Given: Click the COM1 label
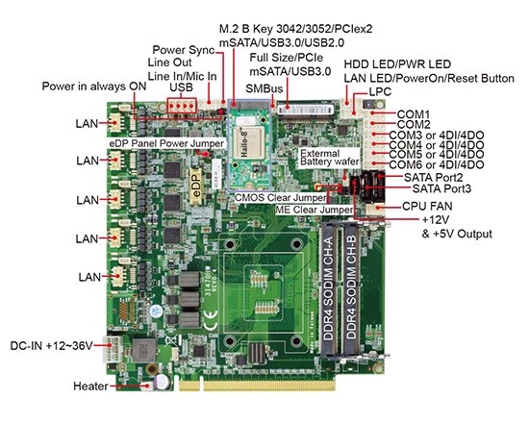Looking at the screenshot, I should coord(413,113).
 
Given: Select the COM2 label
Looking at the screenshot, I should coord(413,125).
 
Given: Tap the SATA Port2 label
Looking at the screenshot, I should coord(434,177).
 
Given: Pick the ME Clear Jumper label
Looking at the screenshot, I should coord(312,210).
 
